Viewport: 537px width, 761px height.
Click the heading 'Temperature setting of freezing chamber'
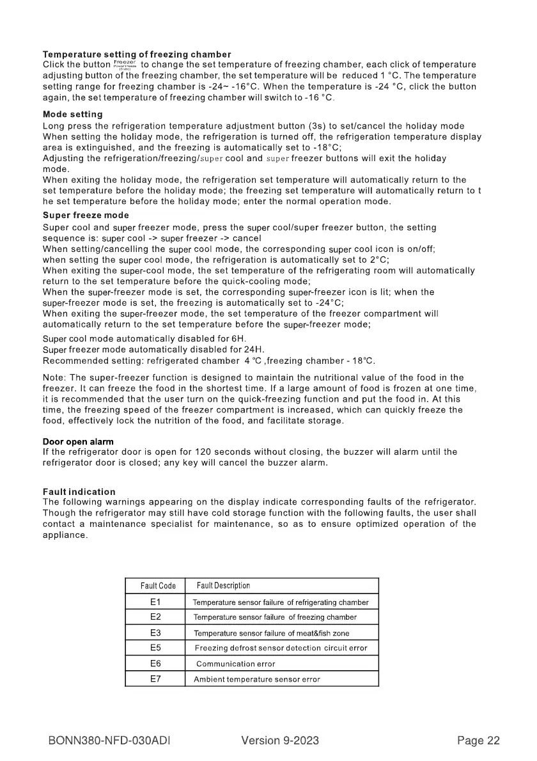(x=137, y=54)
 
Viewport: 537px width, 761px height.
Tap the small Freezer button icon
(x=125, y=65)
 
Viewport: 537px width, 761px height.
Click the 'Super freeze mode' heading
(x=86, y=215)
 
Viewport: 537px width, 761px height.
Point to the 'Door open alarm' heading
(x=78, y=441)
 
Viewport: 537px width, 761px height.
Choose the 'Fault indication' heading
(x=79, y=492)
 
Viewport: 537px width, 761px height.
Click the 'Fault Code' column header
(x=158, y=586)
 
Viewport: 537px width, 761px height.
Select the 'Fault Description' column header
(x=223, y=586)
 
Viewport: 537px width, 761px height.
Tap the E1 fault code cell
(x=155, y=602)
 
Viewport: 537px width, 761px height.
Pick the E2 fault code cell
(x=155, y=617)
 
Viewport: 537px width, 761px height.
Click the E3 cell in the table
(x=155, y=633)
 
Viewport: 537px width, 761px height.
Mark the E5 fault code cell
(x=155, y=648)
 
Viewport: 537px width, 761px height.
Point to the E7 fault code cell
(x=155, y=679)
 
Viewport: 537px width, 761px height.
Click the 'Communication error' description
(x=235, y=664)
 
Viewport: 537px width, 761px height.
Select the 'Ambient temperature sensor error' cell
(x=257, y=679)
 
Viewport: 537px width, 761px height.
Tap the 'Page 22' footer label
(x=478, y=741)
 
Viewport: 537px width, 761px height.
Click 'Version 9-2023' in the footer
(x=280, y=741)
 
